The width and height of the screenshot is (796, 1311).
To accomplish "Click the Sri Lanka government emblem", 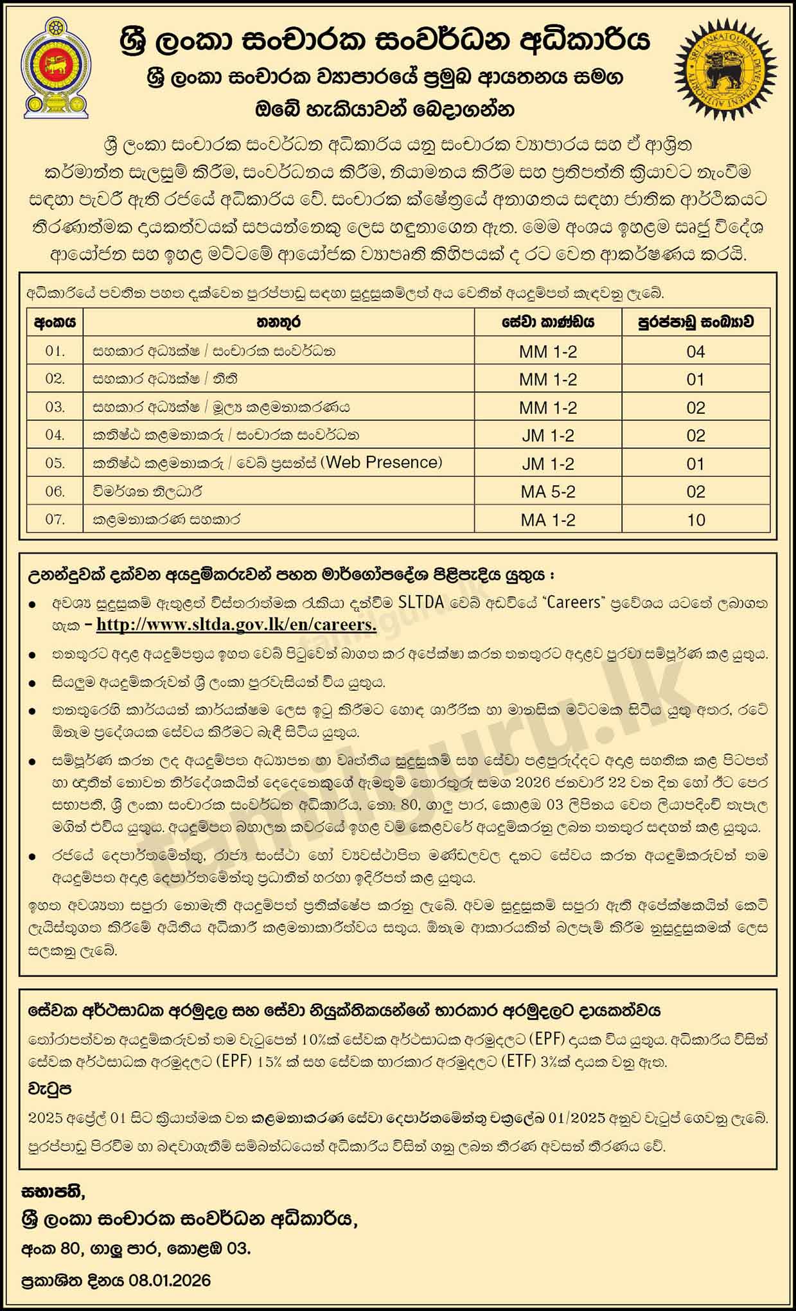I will tap(55, 67).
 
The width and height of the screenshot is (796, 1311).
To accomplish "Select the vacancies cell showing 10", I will tap(696, 520).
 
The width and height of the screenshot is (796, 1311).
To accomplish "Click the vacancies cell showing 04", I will tap(696, 352).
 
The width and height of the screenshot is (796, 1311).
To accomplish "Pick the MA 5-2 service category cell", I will tap(548, 492).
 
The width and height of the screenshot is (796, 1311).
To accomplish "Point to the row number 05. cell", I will tap(55, 463).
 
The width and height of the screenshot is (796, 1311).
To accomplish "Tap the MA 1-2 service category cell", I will tap(548, 520).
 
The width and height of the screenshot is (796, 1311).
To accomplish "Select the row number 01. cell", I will tap(55, 352).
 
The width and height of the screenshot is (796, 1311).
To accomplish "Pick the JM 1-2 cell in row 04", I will tap(548, 436).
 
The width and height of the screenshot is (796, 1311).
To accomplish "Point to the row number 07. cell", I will tap(55, 519).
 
